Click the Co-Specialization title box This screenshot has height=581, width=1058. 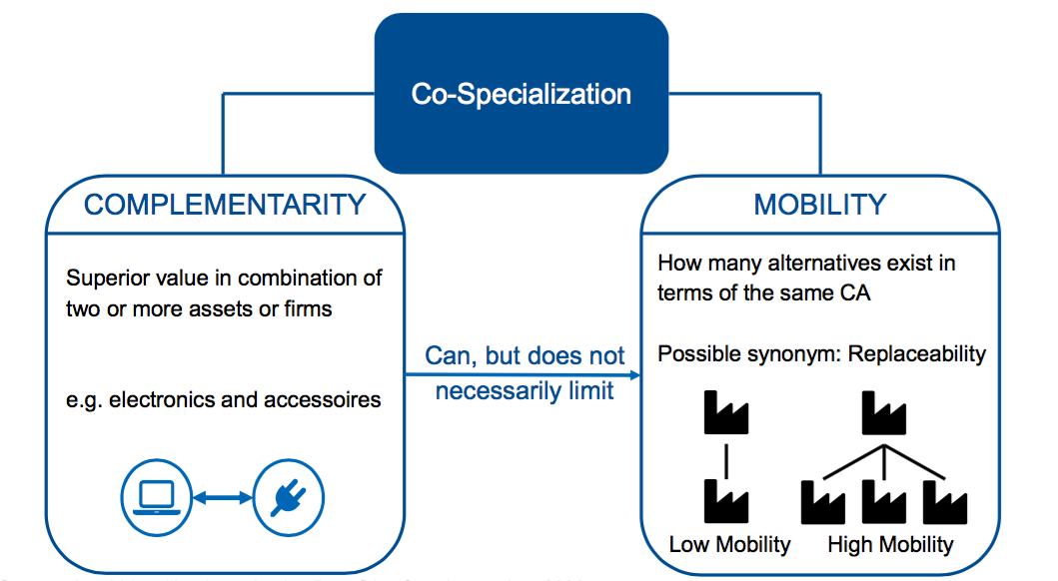(x=521, y=94)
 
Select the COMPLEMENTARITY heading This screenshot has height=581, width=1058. (x=225, y=205)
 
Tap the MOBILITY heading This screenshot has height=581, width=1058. (x=819, y=205)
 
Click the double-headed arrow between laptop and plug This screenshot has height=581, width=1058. (x=222, y=496)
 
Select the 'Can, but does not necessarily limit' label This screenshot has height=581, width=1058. (x=525, y=372)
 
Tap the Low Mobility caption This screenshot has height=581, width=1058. (x=729, y=544)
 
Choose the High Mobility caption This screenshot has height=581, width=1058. (x=890, y=544)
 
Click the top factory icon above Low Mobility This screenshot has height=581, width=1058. (x=725, y=411)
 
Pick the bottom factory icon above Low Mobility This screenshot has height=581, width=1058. (x=725, y=499)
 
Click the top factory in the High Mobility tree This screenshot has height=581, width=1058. (x=883, y=410)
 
